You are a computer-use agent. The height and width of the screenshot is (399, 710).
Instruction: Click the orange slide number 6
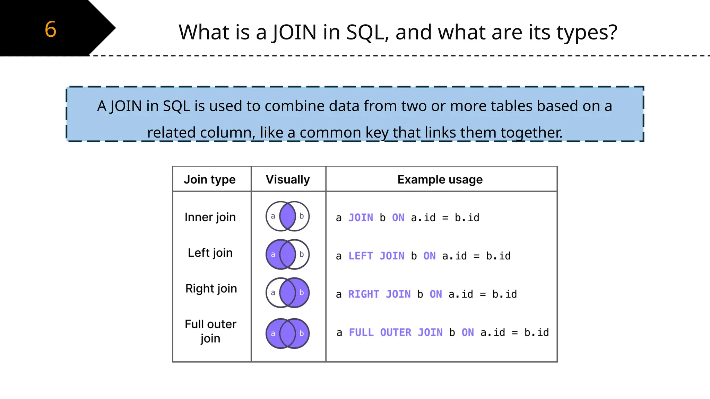point(51,29)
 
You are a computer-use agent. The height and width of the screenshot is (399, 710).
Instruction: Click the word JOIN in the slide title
point(294,32)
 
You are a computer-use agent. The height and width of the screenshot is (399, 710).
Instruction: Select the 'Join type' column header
point(210,179)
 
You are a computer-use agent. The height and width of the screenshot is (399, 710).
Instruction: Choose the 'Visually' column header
point(288,179)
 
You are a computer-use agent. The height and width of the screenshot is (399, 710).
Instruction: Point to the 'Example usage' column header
point(440,179)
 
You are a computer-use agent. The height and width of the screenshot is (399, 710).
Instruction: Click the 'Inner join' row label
point(210,217)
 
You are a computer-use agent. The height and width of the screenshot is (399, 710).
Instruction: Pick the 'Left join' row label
point(210,253)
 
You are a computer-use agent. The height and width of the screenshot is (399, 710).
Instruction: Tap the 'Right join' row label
point(211,289)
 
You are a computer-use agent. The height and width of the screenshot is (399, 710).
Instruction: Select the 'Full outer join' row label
point(210,331)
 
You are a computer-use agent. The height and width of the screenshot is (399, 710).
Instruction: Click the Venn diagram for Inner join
point(287,216)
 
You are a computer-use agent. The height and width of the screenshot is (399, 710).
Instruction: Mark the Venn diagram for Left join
point(287,254)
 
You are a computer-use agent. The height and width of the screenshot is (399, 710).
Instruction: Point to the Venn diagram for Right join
point(287,293)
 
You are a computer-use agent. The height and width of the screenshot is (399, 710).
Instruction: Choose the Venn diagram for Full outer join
point(287,333)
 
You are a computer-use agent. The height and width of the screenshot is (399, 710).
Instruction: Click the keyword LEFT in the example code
point(361,256)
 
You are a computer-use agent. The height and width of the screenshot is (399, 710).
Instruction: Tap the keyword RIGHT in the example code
point(364,294)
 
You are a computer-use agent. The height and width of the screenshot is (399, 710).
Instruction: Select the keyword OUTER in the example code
point(396,332)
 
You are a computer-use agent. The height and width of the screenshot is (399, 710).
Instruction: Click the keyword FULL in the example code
point(361,332)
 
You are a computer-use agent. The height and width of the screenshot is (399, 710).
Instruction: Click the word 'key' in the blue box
point(377,133)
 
